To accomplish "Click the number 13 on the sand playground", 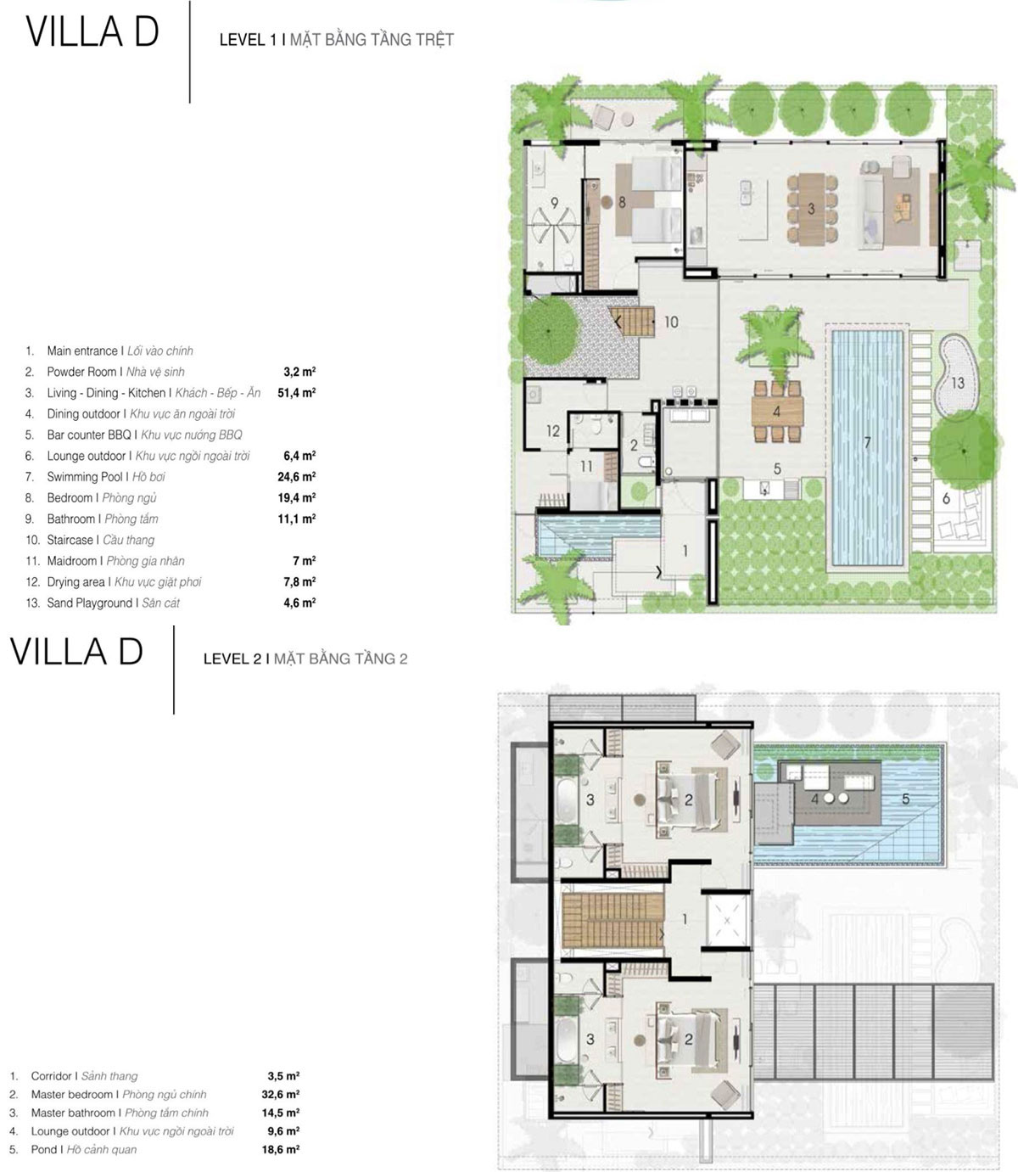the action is click(957, 383).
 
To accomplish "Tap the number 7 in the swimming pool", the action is click(867, 442).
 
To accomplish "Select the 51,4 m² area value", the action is click(297, 393).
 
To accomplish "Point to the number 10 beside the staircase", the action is click(671, 322).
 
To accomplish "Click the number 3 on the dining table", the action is click(811, 209).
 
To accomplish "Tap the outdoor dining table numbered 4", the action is click(777, 411).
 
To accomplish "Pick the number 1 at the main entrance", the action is click(685, 551).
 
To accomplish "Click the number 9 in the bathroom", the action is click(554, 203).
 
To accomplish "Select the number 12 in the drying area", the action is click(552, 430).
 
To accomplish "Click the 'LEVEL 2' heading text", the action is click(232, 659).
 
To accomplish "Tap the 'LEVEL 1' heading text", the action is click(248, 40).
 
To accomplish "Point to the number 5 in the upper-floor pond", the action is click(905, 799).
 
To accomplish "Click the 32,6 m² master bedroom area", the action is click(281, 1094).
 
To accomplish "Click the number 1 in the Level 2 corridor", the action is click(685, 919).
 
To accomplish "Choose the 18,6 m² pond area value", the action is click(281, 1149).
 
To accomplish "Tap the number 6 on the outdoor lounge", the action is click(946, 498).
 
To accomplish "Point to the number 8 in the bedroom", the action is click(622, 202).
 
